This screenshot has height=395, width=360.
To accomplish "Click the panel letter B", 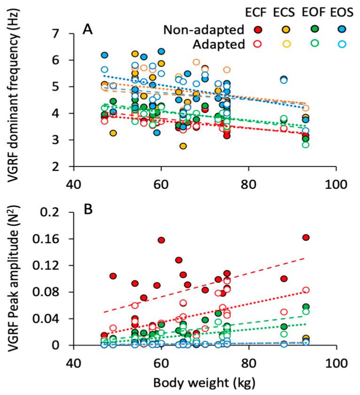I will pyautogui.click(x=87, y=209).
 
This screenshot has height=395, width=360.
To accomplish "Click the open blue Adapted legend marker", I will pyautogui.click(x=343, y=45).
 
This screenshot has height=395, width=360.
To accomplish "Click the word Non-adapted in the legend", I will pyautogui.click(x=205, y=31).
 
